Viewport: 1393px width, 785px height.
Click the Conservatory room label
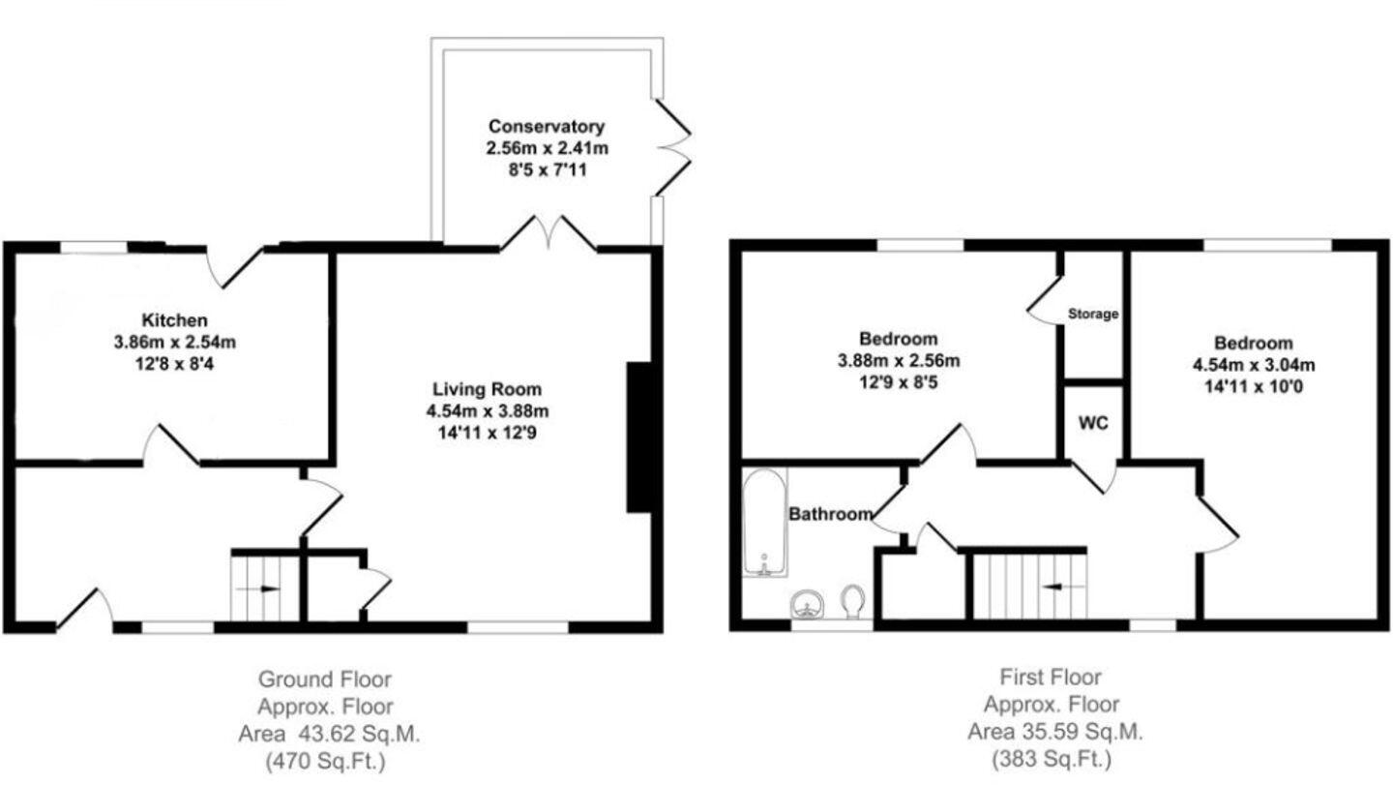pyautogui.click(x=547, y=126)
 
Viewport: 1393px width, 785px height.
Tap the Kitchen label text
pyautogui.click(x=174, y=319)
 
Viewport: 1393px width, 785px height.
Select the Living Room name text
pyautogui.click(x=487, y=389)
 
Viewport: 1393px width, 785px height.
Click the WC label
pyautogui.click(x=1093, y=424)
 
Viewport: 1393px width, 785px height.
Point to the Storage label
pyautogui.click(x=1093, y=314)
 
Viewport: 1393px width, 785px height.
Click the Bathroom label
pyautogui.click(x=830, y=514)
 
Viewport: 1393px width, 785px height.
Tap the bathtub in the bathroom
pyautogui.click(x=765, y=523)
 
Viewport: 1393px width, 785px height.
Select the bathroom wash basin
pyautogui.click(x=805, y=606)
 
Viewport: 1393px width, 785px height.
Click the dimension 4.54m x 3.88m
pyautogui.click(x=488, y=411)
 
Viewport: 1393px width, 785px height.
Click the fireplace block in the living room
pyautogui.click(x=638, y=437)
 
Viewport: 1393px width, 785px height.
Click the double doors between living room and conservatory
pyautogui.click(x=548, y=234)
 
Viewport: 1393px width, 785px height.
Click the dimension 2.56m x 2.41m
pyautogui.click(x=547, y=148)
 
